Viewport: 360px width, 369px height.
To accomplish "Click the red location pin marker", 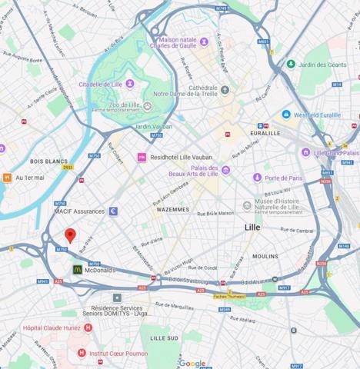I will [70, 235].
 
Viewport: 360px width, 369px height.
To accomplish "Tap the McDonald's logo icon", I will [78, 270].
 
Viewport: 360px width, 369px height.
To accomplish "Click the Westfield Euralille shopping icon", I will [285, 115].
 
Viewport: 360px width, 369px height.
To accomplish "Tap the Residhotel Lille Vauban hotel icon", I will [142, 157].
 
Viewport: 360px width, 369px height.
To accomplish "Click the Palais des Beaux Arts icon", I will [225, 170].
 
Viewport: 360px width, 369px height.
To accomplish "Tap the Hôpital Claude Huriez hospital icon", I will [88, 327].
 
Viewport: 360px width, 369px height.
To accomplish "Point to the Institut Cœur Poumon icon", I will [82, 353].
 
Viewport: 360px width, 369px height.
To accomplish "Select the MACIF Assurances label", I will [79, 211].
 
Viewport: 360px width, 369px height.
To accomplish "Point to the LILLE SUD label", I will [164, 337].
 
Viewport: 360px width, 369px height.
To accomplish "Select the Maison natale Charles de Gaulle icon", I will [152, 40].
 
